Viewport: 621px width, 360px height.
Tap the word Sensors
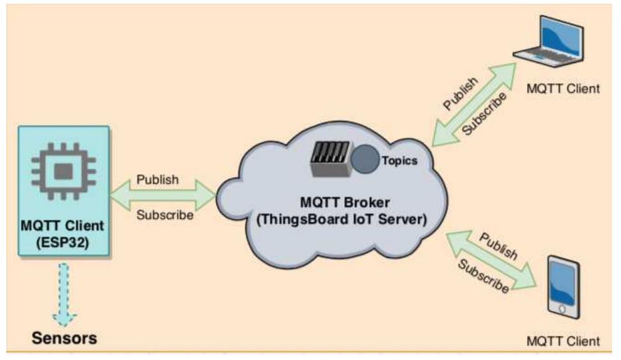click(65, 337)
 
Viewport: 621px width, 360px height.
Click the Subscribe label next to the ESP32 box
click(165, 215)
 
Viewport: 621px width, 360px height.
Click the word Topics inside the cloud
click(399, 161)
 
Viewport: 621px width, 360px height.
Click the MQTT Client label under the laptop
click(563, 88)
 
